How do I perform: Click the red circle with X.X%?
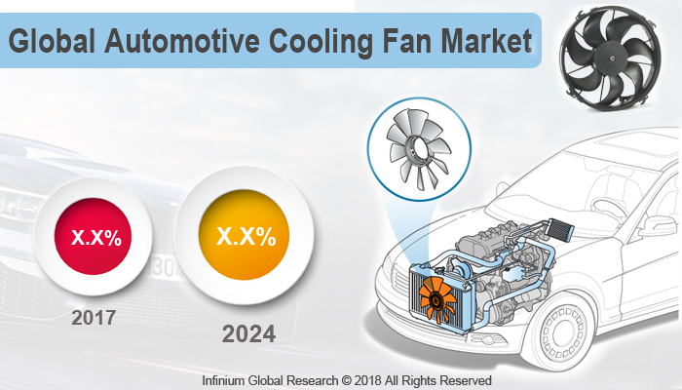click(x=95, y=237)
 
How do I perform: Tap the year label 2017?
click(x=95, y=318)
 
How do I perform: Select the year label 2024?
click(x=248, y=333)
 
